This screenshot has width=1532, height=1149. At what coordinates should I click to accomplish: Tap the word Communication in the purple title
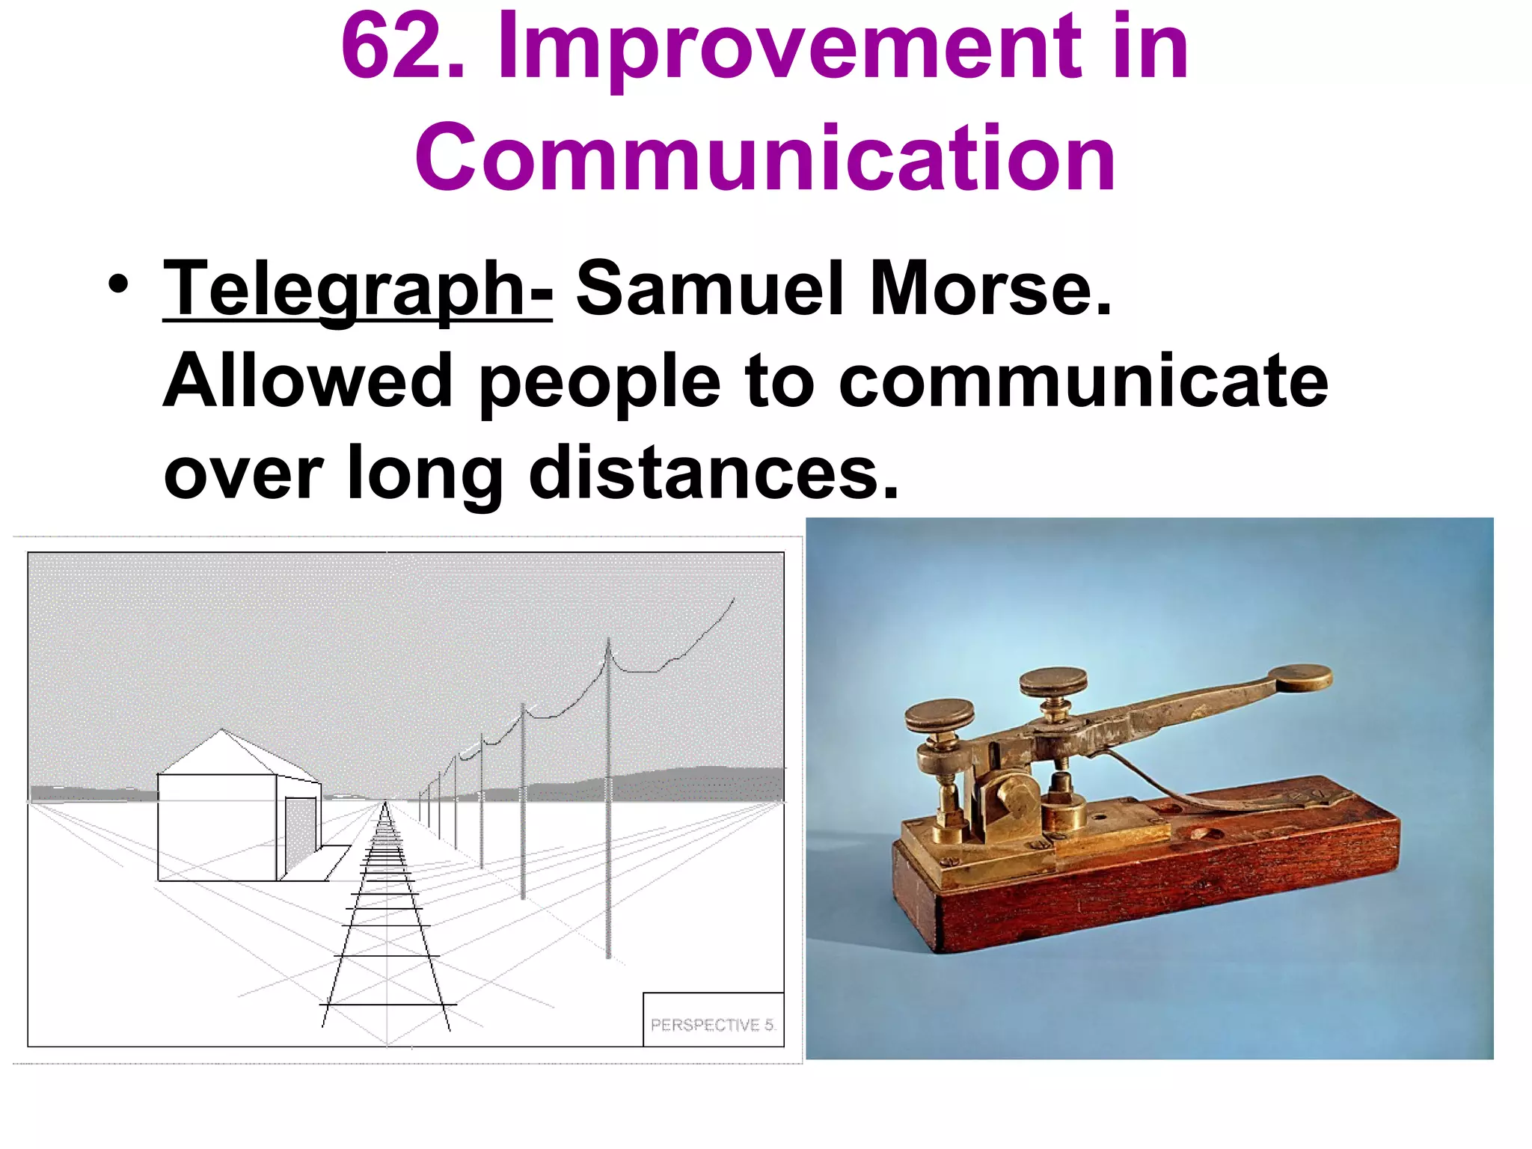[765, 159]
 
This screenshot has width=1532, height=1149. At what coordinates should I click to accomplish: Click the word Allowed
[307, 382]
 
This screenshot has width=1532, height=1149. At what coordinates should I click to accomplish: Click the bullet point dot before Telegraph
[117, 285]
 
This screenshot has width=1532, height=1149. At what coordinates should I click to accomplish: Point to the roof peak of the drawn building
[221, 731]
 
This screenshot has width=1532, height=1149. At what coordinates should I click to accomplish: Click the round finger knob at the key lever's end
[1300, 677]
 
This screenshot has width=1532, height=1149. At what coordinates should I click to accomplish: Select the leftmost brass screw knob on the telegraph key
[939, 715]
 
